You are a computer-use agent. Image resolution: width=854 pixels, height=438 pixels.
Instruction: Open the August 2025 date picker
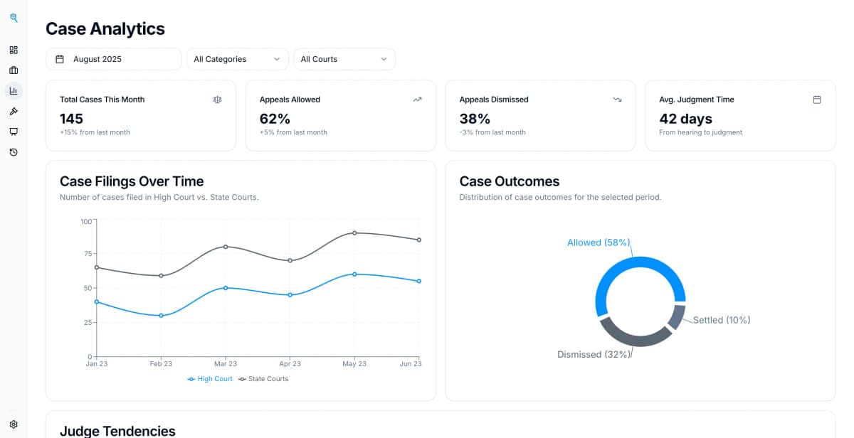click(113, 59)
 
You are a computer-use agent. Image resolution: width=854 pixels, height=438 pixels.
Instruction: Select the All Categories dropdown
click(237, 59)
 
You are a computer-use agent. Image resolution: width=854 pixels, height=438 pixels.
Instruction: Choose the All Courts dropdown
click(344, 59)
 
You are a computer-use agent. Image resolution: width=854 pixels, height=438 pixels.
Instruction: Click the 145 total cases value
click(72, 119)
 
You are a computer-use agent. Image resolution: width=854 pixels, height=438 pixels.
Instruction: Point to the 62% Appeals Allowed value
click(275, 119)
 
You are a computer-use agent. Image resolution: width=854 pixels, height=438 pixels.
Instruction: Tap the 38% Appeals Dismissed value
click(475, 119)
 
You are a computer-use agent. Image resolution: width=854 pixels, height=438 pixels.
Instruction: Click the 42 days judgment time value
click(685, 119)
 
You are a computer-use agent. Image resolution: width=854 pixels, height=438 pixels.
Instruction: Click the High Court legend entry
click(210, 379)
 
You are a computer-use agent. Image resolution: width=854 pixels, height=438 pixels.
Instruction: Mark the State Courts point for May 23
click(354, 233)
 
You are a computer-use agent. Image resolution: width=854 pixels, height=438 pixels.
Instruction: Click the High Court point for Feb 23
click(161, 316)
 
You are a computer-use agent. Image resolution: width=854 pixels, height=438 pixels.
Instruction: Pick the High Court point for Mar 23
click(226, 288)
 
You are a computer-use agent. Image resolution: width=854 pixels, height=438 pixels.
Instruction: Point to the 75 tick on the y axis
click(88, 254)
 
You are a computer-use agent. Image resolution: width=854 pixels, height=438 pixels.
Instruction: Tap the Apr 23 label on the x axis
click(290, 364)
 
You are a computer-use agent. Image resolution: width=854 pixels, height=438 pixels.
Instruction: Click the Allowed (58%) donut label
click(599, 242)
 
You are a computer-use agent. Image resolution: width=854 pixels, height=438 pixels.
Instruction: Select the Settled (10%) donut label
click(722, 320)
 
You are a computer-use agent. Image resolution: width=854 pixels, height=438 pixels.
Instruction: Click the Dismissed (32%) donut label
click(594, 354)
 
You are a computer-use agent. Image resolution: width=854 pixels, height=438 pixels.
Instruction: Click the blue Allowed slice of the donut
click(619, 267)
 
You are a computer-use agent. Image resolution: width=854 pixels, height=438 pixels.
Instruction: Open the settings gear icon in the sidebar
click(14, 424)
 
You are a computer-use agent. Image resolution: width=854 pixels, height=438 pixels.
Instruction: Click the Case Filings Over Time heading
click(132, 181)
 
